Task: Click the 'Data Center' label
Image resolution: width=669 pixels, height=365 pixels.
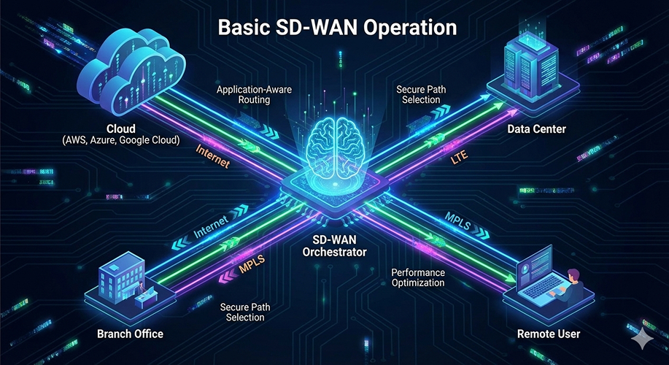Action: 535,129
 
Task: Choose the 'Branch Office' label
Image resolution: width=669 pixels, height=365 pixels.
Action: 130,334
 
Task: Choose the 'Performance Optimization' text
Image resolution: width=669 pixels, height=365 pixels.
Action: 418,278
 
